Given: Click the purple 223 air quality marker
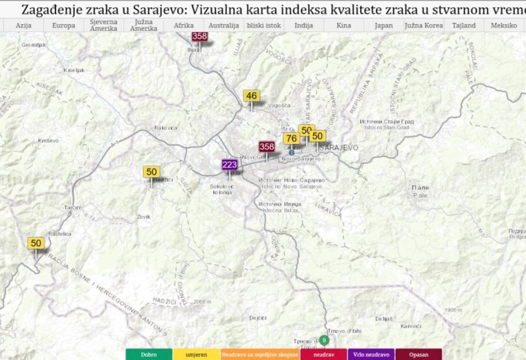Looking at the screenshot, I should [x=229, y=165].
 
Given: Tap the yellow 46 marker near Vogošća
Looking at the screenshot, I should [x=252, y=96].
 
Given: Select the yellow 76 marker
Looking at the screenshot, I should [x=291, y=139].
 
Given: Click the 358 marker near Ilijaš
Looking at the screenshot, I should [x=200, y=37].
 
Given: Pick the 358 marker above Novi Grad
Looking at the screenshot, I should [x=267, y=147].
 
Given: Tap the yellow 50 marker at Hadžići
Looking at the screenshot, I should [x=152, y=172].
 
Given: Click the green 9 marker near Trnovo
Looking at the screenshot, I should [x=325, y=340].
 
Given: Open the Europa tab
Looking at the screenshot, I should [x=63, y=26].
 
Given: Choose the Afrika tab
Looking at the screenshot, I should [x=183, y=26].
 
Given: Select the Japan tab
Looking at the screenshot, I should [x=383, y=26].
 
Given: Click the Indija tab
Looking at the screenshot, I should [x=304, y=26].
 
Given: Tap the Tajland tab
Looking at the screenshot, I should [x=464, y=26].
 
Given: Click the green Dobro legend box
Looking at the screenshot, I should [x=149, y=355].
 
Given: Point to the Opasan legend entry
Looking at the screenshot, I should [x=419, y=355].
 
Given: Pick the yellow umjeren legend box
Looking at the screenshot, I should [x=196, y=355].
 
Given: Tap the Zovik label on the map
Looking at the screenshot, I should [x=144, y=217].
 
